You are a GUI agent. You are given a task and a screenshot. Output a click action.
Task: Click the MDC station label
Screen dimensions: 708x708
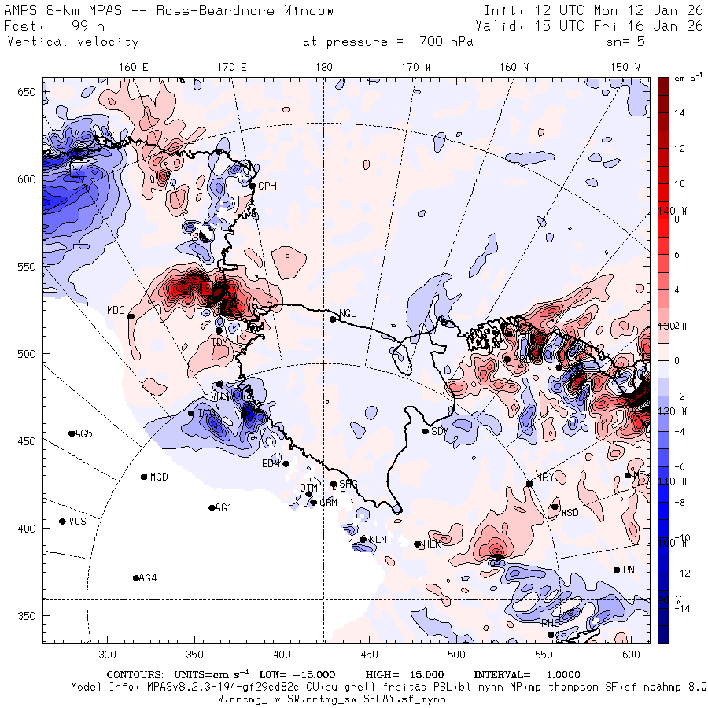116,310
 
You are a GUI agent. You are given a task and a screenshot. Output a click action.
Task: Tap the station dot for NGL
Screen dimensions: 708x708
333,319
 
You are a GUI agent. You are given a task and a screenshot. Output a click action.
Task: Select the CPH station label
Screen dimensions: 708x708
267,186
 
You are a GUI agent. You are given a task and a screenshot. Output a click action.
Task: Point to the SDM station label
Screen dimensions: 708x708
441,431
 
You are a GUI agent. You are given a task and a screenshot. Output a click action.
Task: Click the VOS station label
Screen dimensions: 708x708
77,522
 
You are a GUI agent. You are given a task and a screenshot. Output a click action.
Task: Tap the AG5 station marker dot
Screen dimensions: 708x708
72,433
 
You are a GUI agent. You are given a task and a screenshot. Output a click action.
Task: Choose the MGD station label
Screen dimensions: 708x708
159,478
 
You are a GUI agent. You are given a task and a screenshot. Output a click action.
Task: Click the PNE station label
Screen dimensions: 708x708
632,570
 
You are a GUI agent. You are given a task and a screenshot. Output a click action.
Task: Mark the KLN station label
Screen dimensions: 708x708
378,540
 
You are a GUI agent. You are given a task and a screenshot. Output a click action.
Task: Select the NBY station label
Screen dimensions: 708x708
545,477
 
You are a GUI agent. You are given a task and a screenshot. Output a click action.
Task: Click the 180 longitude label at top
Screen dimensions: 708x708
323,68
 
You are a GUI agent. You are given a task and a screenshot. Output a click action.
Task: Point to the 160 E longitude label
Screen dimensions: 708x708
134,68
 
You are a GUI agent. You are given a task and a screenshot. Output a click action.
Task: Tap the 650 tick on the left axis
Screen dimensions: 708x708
28,93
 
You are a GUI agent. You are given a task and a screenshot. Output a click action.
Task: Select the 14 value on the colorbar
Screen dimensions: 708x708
680,113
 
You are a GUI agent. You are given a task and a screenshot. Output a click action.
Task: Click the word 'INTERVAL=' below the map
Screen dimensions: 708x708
502,675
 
